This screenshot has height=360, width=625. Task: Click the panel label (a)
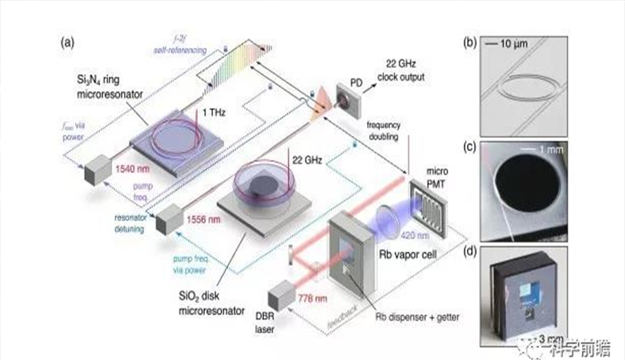[68, 42]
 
